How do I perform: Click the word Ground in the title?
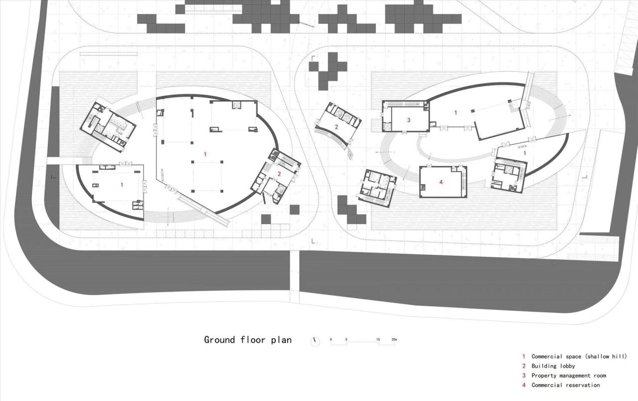point(219,340)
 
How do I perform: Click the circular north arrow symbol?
point(315,341)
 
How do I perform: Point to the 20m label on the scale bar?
point(394,340)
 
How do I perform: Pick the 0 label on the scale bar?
point(331,340)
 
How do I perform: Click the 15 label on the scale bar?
point(378,340)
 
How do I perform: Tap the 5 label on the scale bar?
point(346,340)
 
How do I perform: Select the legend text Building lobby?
point(553,366)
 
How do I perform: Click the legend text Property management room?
point(569,376)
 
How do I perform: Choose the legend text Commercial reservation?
point(566,385)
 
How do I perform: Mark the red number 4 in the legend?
point(524,385)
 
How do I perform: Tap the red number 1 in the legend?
point(524,357)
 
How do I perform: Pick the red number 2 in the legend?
point(524,366)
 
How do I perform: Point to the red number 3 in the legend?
point(524,376)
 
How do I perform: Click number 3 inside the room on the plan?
point(409,120)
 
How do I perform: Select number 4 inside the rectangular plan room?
point(441,183)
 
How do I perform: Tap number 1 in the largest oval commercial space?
point(205,154)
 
